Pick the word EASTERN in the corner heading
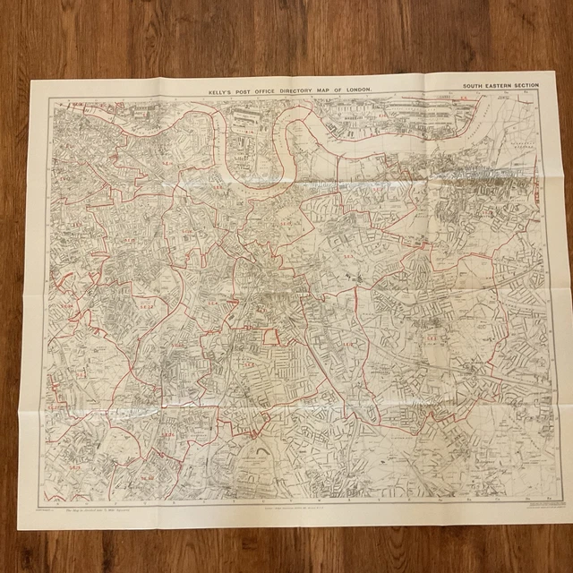pos(502,86)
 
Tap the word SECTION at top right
pos(532,86)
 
